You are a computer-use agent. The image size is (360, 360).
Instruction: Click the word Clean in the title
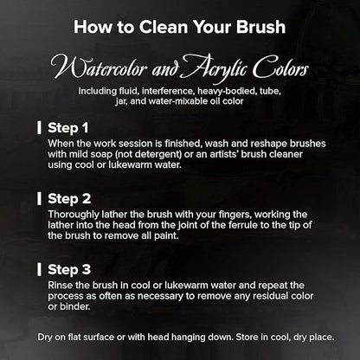[164, 27]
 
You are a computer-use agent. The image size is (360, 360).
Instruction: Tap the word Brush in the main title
[261, 27]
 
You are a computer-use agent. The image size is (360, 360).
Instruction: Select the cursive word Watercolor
[99, 68]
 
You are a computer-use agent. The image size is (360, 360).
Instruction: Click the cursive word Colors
[280, 67]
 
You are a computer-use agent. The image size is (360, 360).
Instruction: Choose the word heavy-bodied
[227, 92]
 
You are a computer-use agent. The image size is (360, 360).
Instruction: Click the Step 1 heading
[68, 128]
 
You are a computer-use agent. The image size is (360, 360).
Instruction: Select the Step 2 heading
[69, 199]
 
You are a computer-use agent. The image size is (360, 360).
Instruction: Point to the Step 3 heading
[69, 270]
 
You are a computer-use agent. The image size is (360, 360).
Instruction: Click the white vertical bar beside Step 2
[39, 199]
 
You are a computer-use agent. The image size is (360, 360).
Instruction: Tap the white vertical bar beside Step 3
[39, 269]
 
